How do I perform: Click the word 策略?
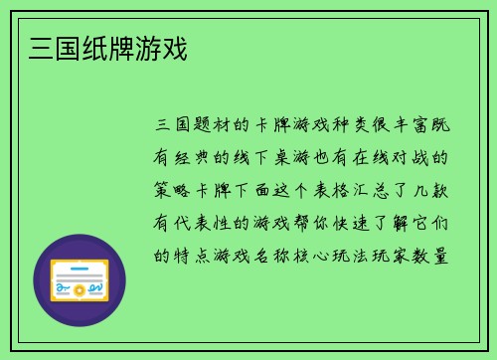tap(174, 189)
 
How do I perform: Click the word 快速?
tap(343, 222)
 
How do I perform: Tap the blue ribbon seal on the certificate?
tap(63, 290)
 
